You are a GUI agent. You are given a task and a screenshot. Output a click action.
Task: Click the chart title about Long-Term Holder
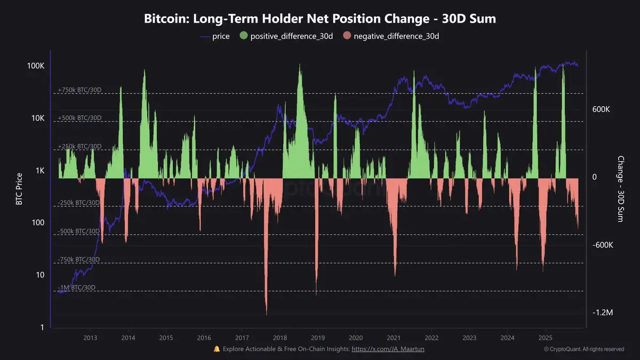coord(320,19)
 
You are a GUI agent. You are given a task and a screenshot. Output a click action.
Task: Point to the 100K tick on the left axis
coord(35,66)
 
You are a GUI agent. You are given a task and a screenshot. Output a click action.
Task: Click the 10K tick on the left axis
coord(37,118)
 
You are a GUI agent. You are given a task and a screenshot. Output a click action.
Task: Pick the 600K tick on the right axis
coord(602,109)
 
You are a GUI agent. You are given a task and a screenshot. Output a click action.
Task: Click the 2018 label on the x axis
coord(280,338)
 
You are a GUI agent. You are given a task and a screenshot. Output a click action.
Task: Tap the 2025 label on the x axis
coord(546,338)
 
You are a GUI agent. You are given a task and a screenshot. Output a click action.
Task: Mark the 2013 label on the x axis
coord(90,338)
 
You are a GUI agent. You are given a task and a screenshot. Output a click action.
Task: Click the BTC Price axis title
coord(19,189)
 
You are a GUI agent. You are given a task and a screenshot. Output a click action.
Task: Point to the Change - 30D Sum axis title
coord(621,189)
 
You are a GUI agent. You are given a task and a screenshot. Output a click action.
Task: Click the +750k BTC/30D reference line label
coord(79,90)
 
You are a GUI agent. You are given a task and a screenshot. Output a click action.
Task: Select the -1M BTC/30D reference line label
coord(77,287)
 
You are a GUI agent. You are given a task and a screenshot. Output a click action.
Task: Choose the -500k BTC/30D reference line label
coord(79,231)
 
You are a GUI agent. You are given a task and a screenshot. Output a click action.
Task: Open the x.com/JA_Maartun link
coord(388,349)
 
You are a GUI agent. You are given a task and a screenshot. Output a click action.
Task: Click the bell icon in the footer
coord(217,349)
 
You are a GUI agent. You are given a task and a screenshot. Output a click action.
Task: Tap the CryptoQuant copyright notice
coord(584,349)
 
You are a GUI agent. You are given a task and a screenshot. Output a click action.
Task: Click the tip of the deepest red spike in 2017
coord(266,315)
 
